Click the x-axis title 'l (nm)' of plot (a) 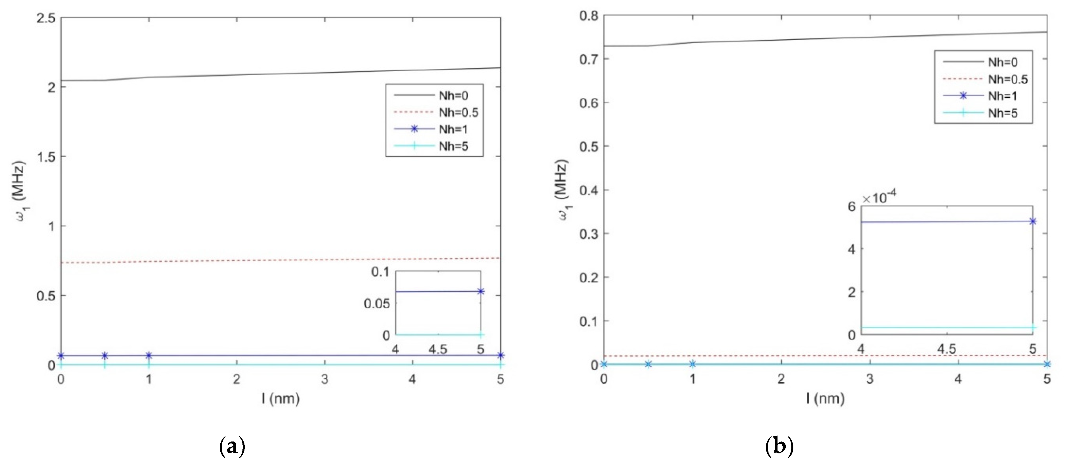pos(280,398)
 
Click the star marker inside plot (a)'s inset pos(480,291)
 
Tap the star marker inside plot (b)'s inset pos(1033,221)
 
